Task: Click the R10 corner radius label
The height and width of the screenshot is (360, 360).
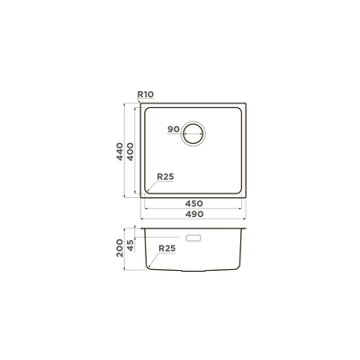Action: (146, 94)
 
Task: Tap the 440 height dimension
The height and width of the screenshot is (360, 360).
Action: (120, 151)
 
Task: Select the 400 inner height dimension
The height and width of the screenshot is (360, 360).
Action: (130, 151)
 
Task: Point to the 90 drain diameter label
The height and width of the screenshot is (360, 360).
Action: (174, 130)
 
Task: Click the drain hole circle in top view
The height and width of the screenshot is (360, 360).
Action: (193, 121)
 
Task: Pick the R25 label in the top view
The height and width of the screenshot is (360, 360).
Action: (166, 176)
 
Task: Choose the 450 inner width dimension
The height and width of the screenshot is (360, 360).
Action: (193, 203)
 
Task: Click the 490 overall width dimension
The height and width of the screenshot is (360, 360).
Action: (193, 214)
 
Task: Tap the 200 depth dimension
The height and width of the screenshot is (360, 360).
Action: (120, 247)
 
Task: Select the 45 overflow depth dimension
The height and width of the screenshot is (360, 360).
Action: (130, 245)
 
